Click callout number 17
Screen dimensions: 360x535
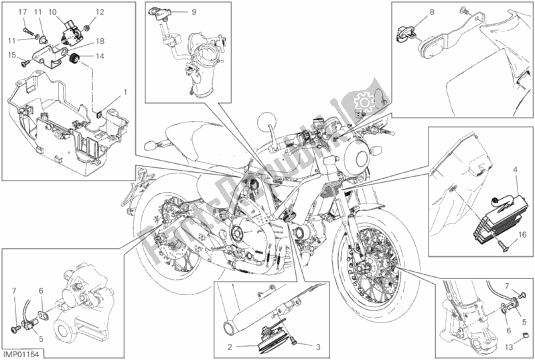click(x=21, y=13)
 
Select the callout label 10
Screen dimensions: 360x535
click(x=52, y=12)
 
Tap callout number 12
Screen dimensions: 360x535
click(x=100, y=12)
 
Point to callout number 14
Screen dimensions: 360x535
click(x=100, y=57)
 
